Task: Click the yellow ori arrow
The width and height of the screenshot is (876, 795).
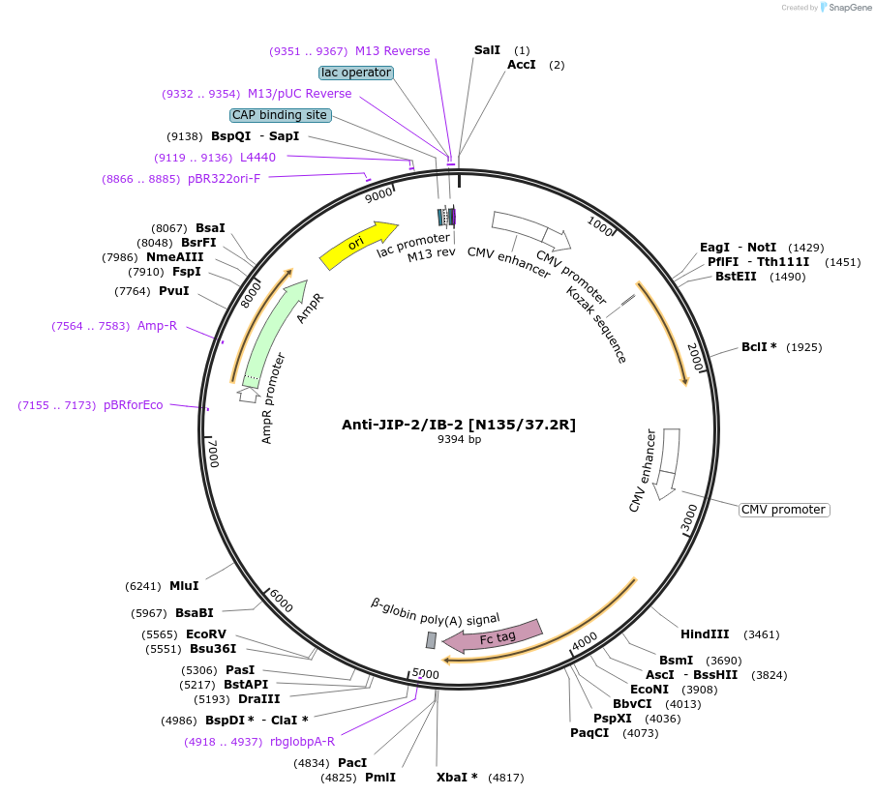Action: pos(357,246)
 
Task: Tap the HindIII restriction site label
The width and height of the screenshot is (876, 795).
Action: pos(705,634)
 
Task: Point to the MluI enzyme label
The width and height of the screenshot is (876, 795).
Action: pos(184,585)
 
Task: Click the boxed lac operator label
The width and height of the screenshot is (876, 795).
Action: pos(355,73)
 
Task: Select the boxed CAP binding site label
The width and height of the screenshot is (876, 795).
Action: pos(280,115)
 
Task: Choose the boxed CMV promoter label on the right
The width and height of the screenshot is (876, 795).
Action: pos(784,510)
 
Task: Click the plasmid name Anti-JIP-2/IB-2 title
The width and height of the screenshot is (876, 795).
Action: pos(459,425)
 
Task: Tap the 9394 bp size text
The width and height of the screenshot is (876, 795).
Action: pos(459,440)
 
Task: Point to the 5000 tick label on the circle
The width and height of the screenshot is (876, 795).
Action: pos(426,673)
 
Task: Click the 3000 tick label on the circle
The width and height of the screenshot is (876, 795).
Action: pos(688,517)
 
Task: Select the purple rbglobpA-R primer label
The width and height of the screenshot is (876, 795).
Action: pos(302,742)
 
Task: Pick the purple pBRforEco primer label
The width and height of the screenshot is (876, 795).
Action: pos(134,405)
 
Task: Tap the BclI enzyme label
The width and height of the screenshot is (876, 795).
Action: pos(756,346)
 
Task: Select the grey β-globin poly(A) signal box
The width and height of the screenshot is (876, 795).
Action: pos(431,640)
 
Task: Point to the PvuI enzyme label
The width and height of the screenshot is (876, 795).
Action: pos(173,291)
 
